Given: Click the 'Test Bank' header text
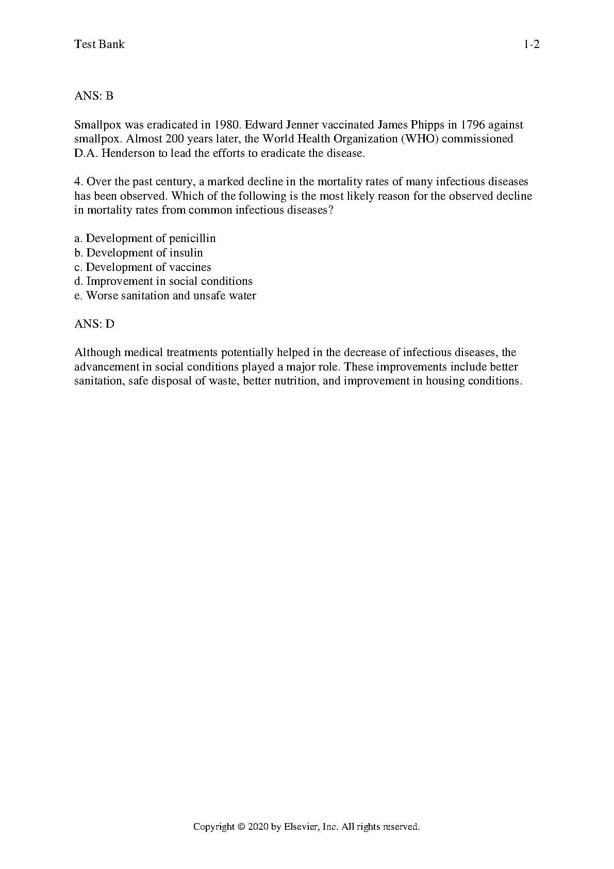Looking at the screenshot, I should (99, 44).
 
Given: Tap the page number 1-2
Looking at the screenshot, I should (532, 44).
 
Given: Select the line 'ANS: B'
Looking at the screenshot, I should (94, 96).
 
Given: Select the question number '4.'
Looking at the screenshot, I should (79, 182).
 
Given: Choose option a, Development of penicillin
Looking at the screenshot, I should (145, 238).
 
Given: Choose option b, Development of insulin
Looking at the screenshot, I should (139, 253).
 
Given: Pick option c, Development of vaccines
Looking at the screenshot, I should (143, 267).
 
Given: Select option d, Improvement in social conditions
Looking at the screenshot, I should (163, 281).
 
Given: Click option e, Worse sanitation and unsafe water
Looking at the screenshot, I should (165, 296).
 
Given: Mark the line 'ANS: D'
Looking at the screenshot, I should (94, 324).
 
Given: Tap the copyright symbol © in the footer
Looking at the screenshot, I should (241, 827).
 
